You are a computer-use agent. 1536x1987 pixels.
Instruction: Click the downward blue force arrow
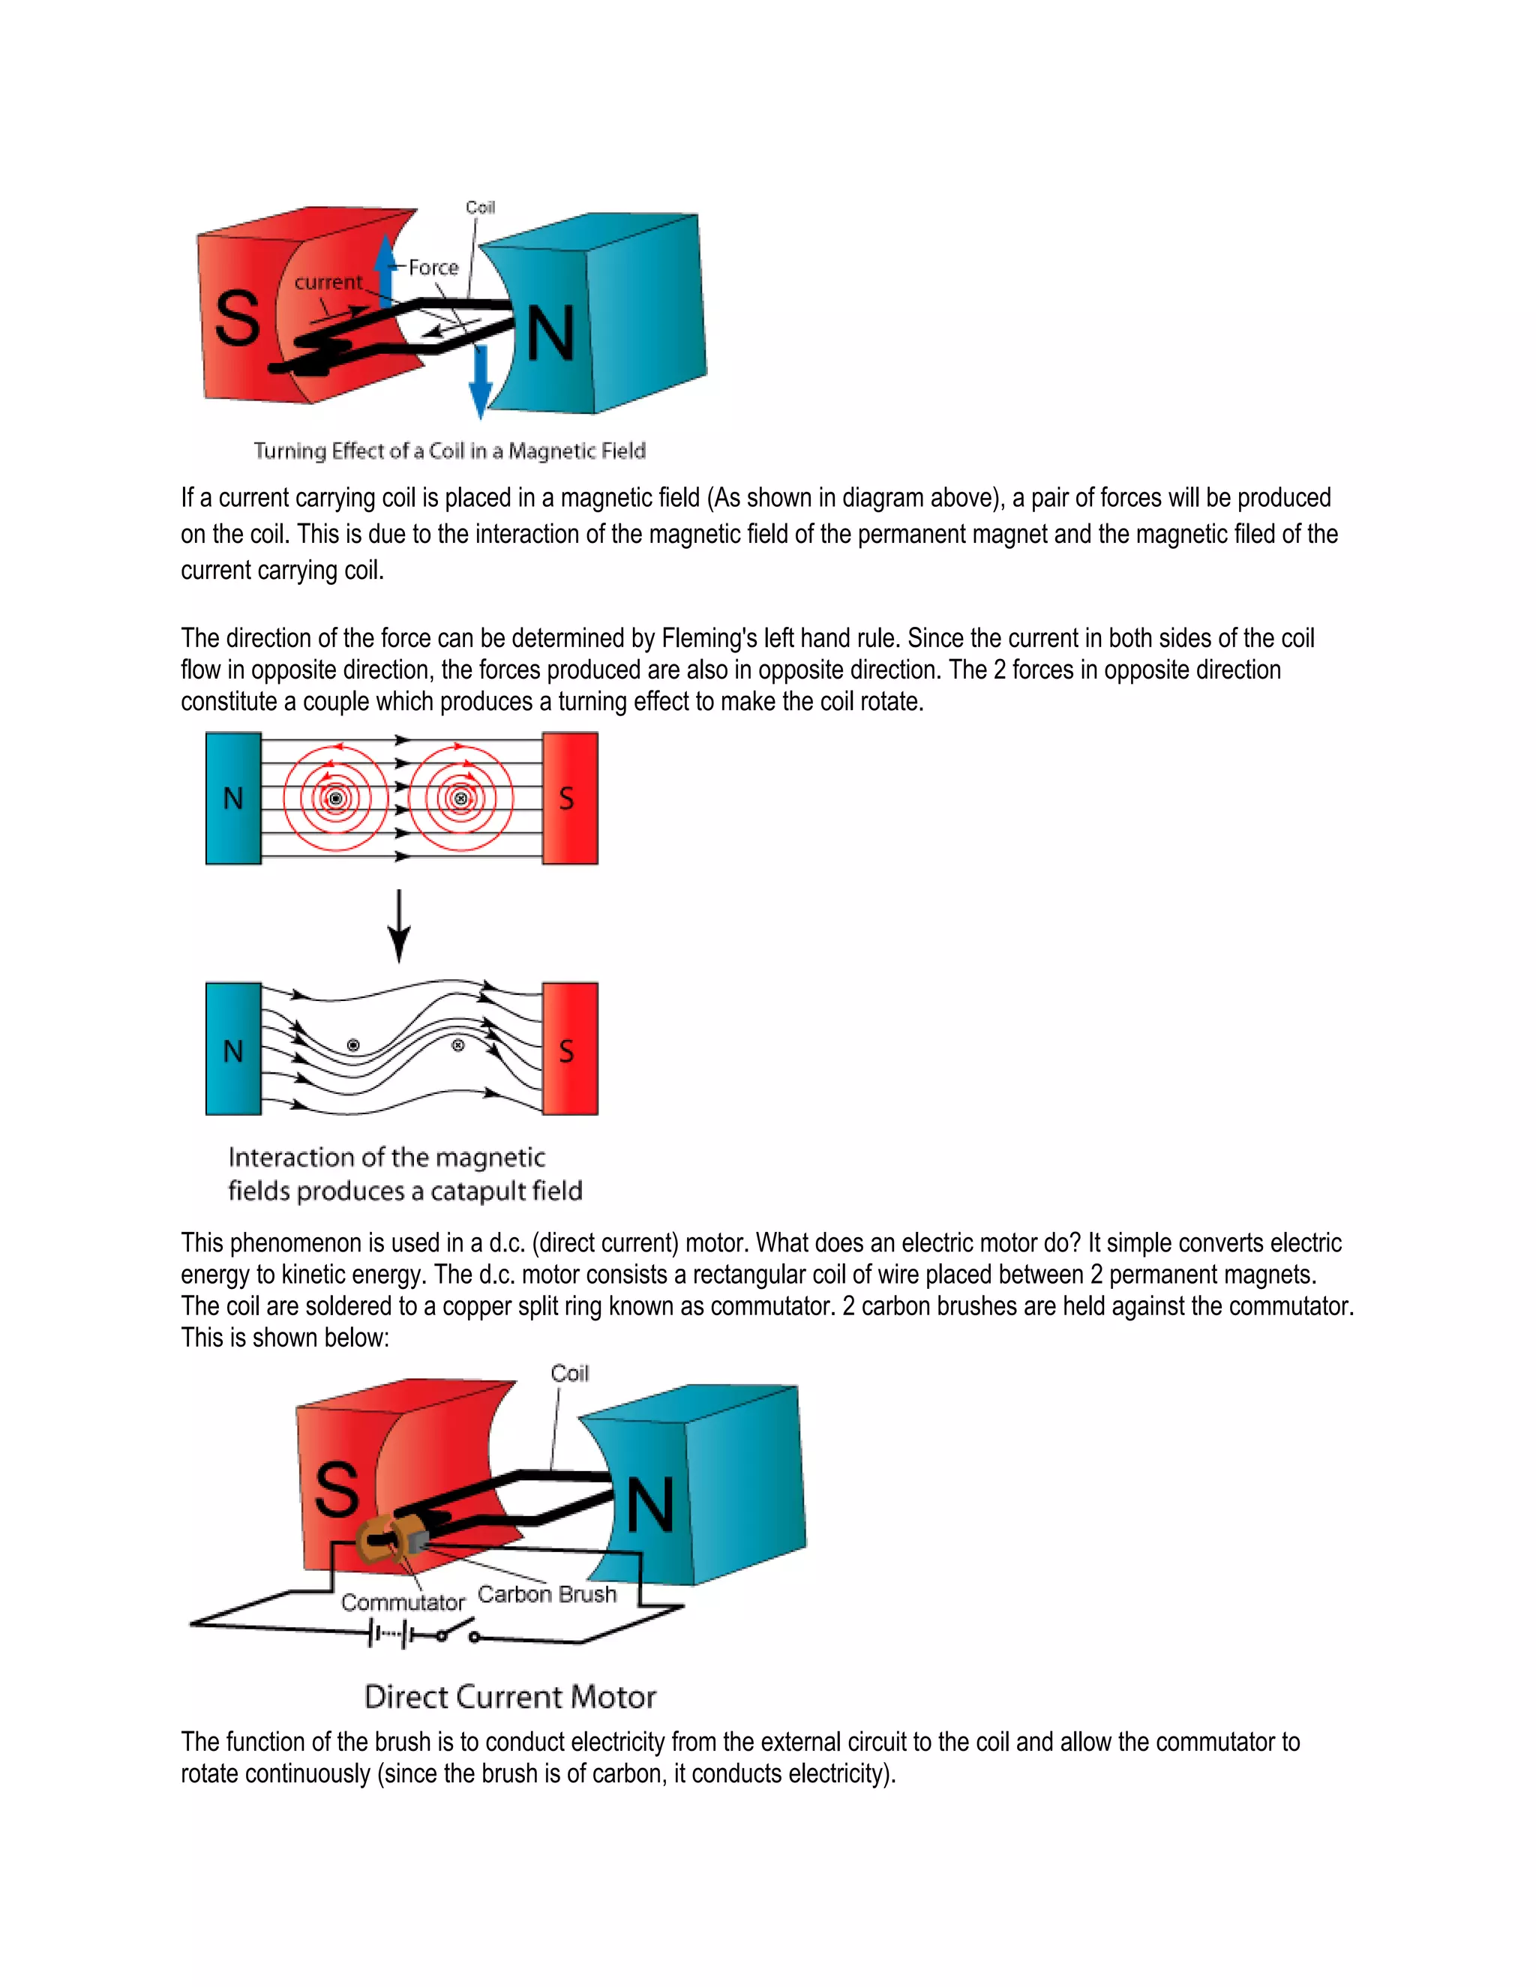click(479, 382)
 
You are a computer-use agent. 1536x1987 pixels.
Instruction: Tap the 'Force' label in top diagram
click(433, 268)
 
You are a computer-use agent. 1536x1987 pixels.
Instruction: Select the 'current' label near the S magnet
click(328, 282)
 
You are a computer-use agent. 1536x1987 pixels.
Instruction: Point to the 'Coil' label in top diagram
click(481, 208)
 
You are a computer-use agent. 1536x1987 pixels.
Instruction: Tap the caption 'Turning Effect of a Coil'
click(449, 451)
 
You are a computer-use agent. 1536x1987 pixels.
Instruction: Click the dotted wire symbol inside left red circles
click(334, 799)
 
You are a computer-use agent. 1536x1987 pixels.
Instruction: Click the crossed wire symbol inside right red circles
click(460, 799)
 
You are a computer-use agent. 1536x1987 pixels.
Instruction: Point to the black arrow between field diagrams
click(398, 925)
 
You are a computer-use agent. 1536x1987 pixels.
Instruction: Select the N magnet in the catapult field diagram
click(233, 1049)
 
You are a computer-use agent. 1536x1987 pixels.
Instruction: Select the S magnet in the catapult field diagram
click(570, 1049)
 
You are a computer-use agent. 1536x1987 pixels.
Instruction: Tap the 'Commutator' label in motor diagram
click(402, 1602)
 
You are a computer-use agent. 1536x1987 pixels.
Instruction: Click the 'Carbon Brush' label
click(547, 1594)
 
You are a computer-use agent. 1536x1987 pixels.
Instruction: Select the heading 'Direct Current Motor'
click(509, 1697)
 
